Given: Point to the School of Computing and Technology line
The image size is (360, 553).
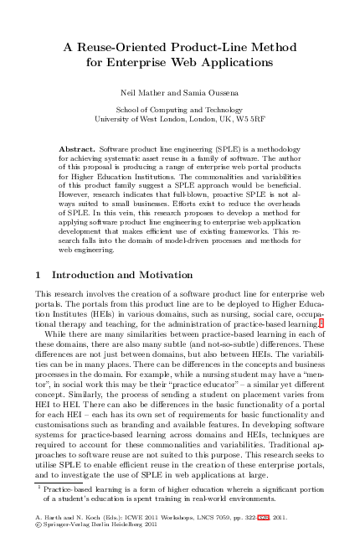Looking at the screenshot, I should point(178,110).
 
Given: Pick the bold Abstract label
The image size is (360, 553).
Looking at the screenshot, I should point(77,148).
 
